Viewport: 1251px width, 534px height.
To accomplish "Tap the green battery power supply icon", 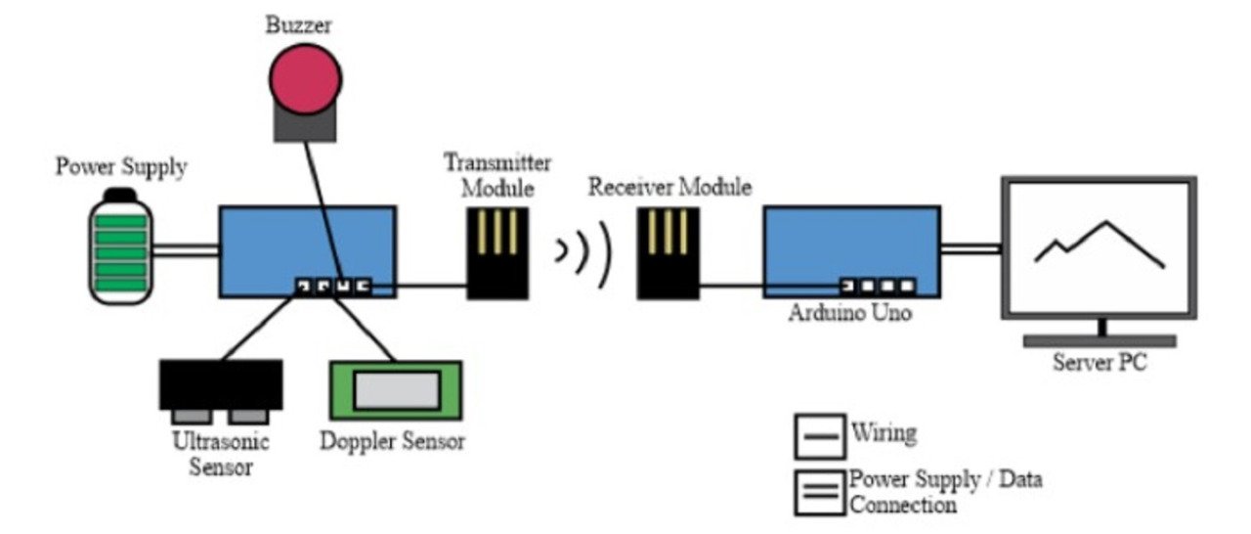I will (123, 245).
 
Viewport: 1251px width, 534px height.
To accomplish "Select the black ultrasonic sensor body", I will (221, 382).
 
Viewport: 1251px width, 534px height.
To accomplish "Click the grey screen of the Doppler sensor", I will (396, 391).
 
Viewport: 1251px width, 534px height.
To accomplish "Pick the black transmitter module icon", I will (497, 251).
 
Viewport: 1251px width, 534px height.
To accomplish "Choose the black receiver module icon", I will (669, 251).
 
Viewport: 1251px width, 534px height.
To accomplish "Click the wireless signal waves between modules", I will (583, 251).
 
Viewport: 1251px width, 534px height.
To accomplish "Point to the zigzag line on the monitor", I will (1100, 244).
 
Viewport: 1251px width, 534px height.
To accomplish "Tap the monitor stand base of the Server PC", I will (1100, 341).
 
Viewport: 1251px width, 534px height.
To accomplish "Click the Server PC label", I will (1100, 365).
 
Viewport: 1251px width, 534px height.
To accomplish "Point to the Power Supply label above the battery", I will (121, 167).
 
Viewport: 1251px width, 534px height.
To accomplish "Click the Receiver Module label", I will (669, 187).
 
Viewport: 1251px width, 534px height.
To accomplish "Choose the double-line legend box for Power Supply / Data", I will (819, 492).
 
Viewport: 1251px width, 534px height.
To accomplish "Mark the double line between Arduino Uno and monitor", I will (971, 248).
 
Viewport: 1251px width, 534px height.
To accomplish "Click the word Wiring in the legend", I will (884, 432).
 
